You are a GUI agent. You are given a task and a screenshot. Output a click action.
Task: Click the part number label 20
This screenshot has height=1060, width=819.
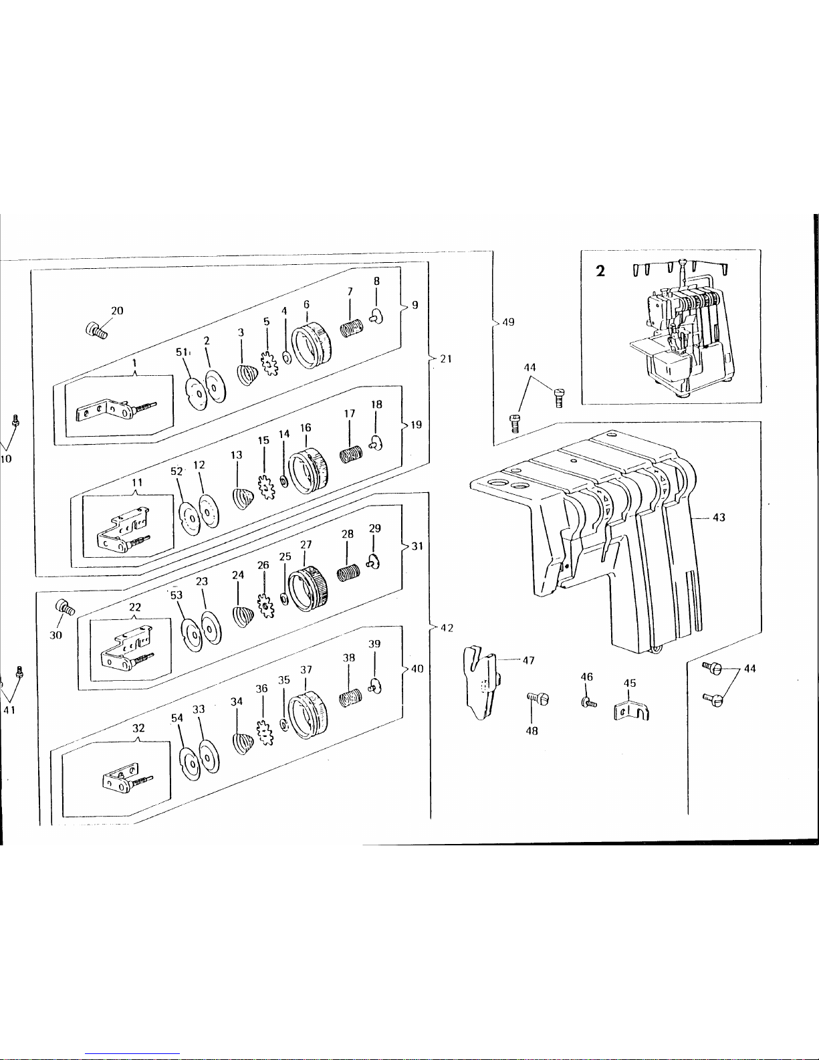click(x=117, y=311)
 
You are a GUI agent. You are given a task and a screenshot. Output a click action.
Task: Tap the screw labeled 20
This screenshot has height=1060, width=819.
click(x=96, y=330)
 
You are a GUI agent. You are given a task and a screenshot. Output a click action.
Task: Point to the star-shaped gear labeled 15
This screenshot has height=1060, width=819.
click(x=266, y=487)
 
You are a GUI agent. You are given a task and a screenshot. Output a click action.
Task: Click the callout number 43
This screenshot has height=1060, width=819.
click(x=719, y=517)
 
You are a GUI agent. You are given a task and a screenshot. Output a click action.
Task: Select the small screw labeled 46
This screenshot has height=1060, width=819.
click(x=588, y=702)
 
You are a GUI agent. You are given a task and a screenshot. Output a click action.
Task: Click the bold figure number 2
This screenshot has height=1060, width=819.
click(x=600, y=272)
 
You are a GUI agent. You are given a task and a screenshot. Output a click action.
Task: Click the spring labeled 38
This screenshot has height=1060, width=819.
click(x=350, y=697)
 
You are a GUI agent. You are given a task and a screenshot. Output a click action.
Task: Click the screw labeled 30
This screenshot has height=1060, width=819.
click(x=65, y=607)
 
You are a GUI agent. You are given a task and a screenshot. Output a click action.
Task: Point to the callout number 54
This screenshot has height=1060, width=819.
click(x=177, y=718)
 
